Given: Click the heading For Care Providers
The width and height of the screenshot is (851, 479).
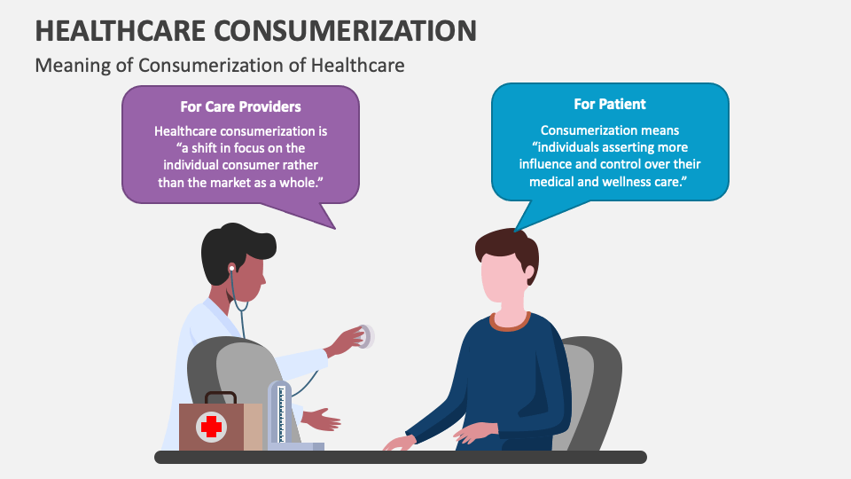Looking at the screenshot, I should (x=240, y=106).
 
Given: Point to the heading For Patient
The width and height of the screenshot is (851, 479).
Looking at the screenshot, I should (x=610, y=104).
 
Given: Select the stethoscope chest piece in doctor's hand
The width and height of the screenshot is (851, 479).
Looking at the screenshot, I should (x=364, y=336).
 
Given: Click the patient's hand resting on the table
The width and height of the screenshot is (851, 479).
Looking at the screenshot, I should (x=398, y=442).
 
